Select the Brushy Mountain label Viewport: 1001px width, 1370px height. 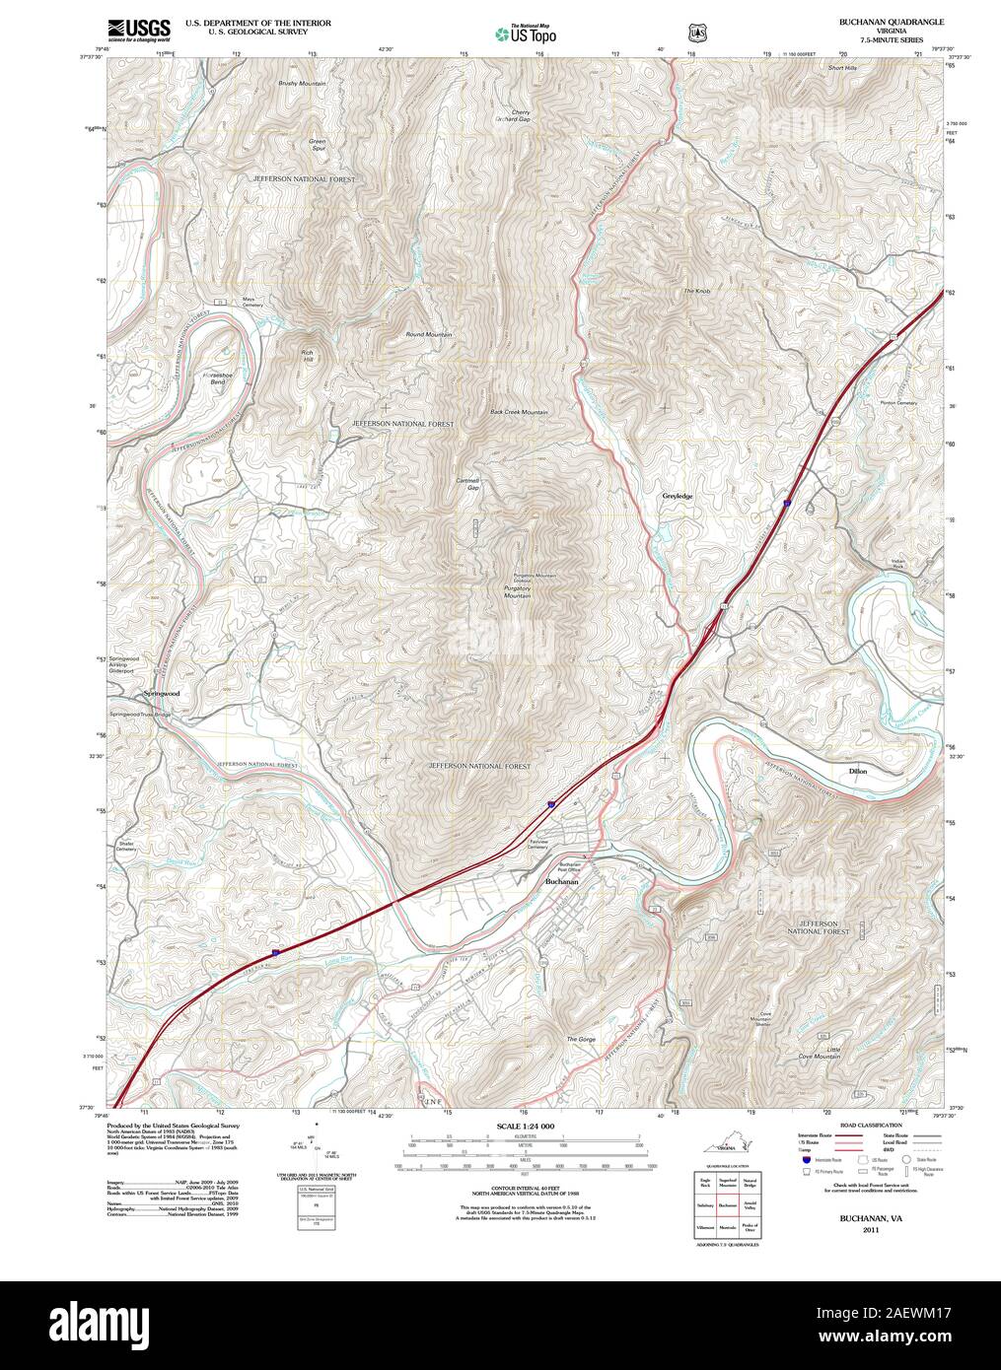302,84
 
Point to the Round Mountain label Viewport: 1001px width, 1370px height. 429,335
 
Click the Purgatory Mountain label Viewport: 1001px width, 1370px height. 517,596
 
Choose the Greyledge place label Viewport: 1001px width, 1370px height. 678,497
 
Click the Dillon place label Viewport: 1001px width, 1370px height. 857,771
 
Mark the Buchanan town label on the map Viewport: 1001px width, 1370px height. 561,882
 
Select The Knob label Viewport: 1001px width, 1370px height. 696,292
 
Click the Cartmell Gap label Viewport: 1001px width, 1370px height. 466,484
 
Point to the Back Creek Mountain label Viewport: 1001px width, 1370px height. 519,412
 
